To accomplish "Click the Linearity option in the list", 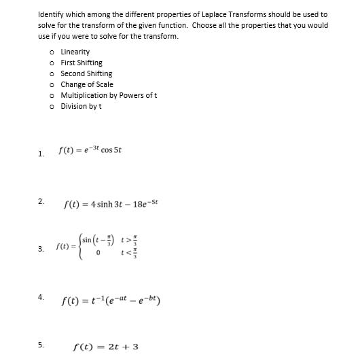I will (75, 52).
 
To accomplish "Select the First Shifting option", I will (82, 63).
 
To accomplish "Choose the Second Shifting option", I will (86, 73).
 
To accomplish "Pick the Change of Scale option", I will (87, 84).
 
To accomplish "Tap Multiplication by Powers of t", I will (109, 95).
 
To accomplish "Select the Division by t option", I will (81, 106).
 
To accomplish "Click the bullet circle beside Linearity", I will (52, 52).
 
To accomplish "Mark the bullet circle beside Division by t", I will (52, 107).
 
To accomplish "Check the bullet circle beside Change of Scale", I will (52, 85).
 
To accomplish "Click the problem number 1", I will (41, 154).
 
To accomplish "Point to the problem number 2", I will (41, 201).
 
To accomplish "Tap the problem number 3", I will (41, 248).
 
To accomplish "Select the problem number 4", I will (41, 296).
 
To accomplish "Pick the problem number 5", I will (41, 345).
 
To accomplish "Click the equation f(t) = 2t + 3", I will (105, 347).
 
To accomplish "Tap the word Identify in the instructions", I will (52, 14).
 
